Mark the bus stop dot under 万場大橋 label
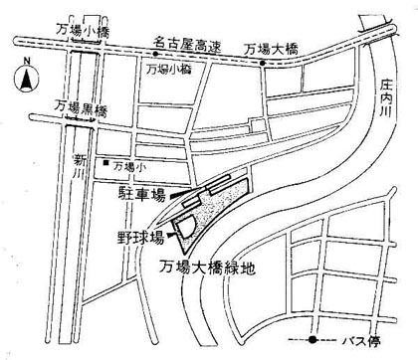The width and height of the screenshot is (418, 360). (x=264, y=65)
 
